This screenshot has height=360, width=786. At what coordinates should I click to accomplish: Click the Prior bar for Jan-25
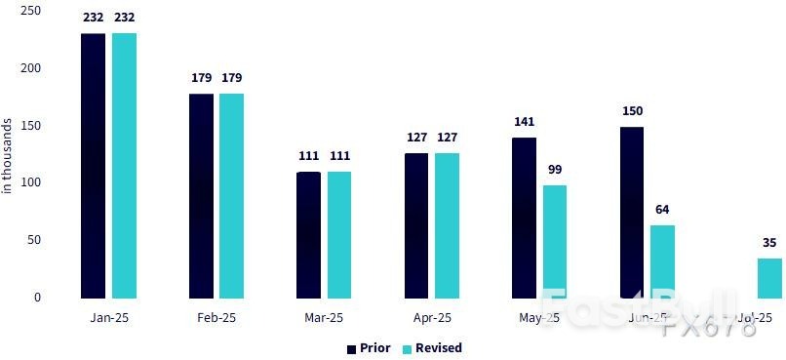pyautogui.click(x=93, y=166)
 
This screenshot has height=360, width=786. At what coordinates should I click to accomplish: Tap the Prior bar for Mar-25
pyautogui.click(x=308, y=235)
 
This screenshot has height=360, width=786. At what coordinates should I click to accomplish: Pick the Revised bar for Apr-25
pyautogui.click(x=447, y=225)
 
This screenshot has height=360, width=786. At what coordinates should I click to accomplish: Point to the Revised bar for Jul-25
pyautogui.click(x=769, y=278)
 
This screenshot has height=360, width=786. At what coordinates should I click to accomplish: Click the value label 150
pyautogui.click(x=632, y=111)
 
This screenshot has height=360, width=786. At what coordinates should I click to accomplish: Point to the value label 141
pyautogui.click(x=524, y=122)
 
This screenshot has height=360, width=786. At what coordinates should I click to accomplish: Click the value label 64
pyautogui.click(x=662, y=210)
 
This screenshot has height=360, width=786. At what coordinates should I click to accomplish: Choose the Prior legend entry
pyautogui.click(x=369, y=348)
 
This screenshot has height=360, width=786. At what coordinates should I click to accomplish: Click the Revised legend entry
pyautogui.click(x=433, y=348)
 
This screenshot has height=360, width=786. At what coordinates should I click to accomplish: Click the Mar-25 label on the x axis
pyautogui.click(x=324, y=318)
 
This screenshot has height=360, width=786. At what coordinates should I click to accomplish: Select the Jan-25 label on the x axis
pyautogui.click(x=108, y=318)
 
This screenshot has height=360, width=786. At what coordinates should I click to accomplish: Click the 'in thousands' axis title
pyautogui.click(x=8, y=156)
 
